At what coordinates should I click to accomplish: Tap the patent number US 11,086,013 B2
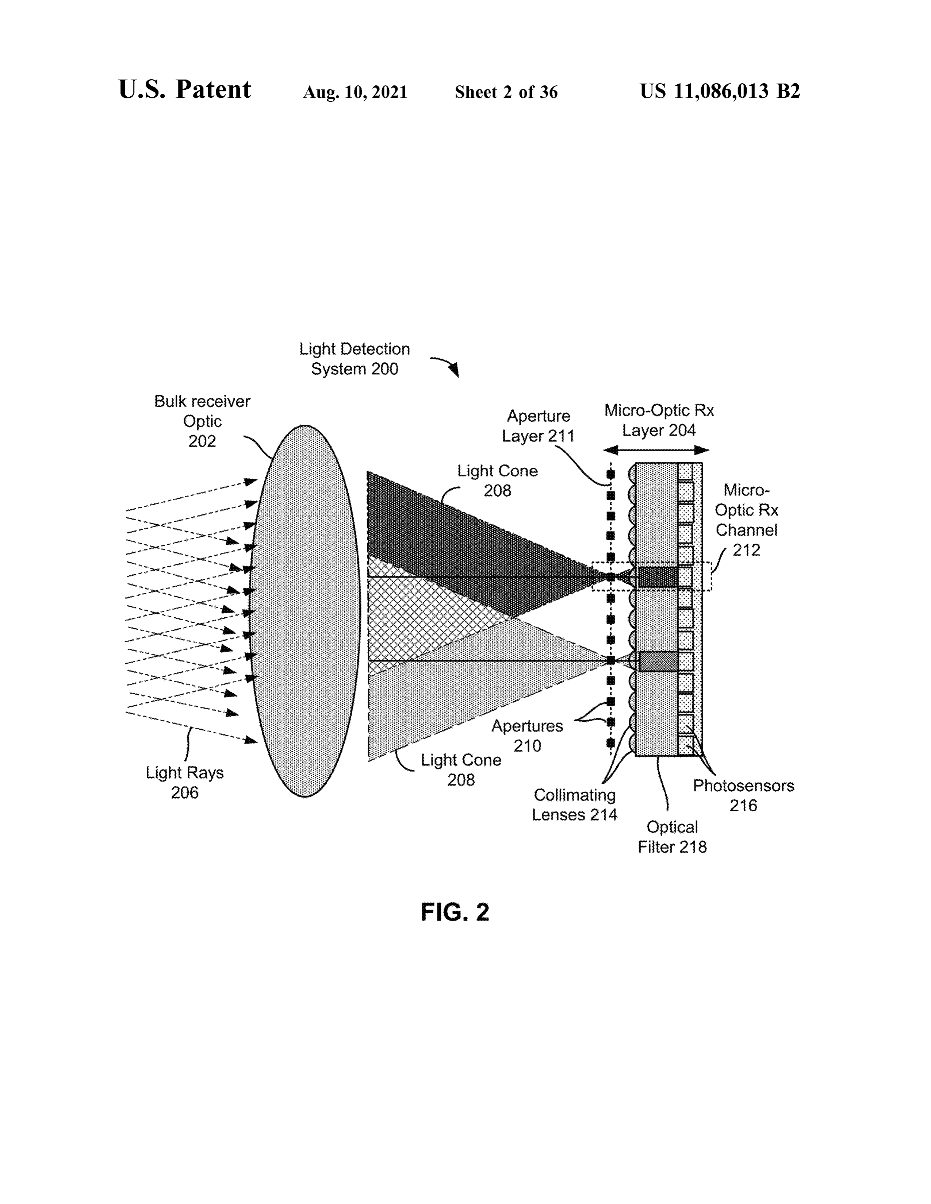[x=720, y=91]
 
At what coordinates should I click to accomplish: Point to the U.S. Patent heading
[x=185, y=89]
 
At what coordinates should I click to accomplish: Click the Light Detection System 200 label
[x=355, y=359]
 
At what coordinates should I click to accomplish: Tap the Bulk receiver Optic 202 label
[x=202, y=421]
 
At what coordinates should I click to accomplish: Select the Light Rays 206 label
[x=185, y=782]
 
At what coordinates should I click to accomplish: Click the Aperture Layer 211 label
[x=538, y=425]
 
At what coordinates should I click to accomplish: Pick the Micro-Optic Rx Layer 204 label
[x=659, y=420]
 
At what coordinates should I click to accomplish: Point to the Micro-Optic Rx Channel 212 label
[x=746, y=520]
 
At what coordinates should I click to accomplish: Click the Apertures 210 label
[x=527, y=736]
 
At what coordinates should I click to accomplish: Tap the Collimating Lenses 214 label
[x=574, y=805]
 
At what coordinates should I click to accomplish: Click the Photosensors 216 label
[x=743, y=795]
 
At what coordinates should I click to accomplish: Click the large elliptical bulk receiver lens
[x=305, y=611]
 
